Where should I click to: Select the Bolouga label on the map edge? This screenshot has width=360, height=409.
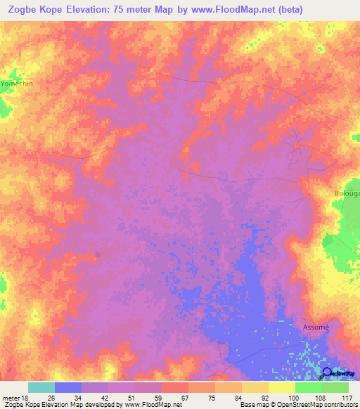coord(347,193)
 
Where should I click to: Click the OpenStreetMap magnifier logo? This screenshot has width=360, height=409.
coord(328,373)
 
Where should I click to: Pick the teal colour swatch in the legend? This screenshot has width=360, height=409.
coord(41,387)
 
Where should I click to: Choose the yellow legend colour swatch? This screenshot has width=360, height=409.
coord(281,387)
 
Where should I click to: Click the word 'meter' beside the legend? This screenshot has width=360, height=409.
coord(11,398)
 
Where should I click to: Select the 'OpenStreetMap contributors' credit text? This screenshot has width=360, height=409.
coord(311,405)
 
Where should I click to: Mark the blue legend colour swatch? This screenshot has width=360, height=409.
coord(67,387)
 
